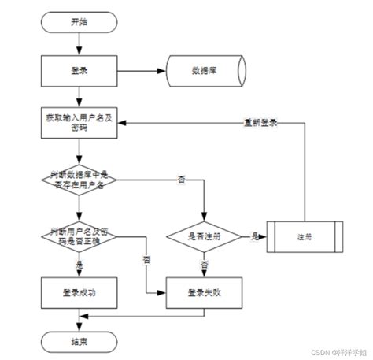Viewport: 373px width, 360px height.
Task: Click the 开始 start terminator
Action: pos(78,22)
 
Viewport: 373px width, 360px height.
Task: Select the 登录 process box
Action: pos(78,71)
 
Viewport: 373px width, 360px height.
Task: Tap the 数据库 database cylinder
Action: pos(203,71)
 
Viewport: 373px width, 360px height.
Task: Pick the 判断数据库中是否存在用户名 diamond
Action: pos(78,180)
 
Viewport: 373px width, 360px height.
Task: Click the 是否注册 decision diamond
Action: pos(205,236)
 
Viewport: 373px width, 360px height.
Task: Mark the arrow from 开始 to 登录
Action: pos(78,44)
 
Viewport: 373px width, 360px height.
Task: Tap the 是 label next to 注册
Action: pos(255,235)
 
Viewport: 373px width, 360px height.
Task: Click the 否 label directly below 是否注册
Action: pos(205,264)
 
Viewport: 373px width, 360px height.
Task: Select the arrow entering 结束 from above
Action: pos(78,323)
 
